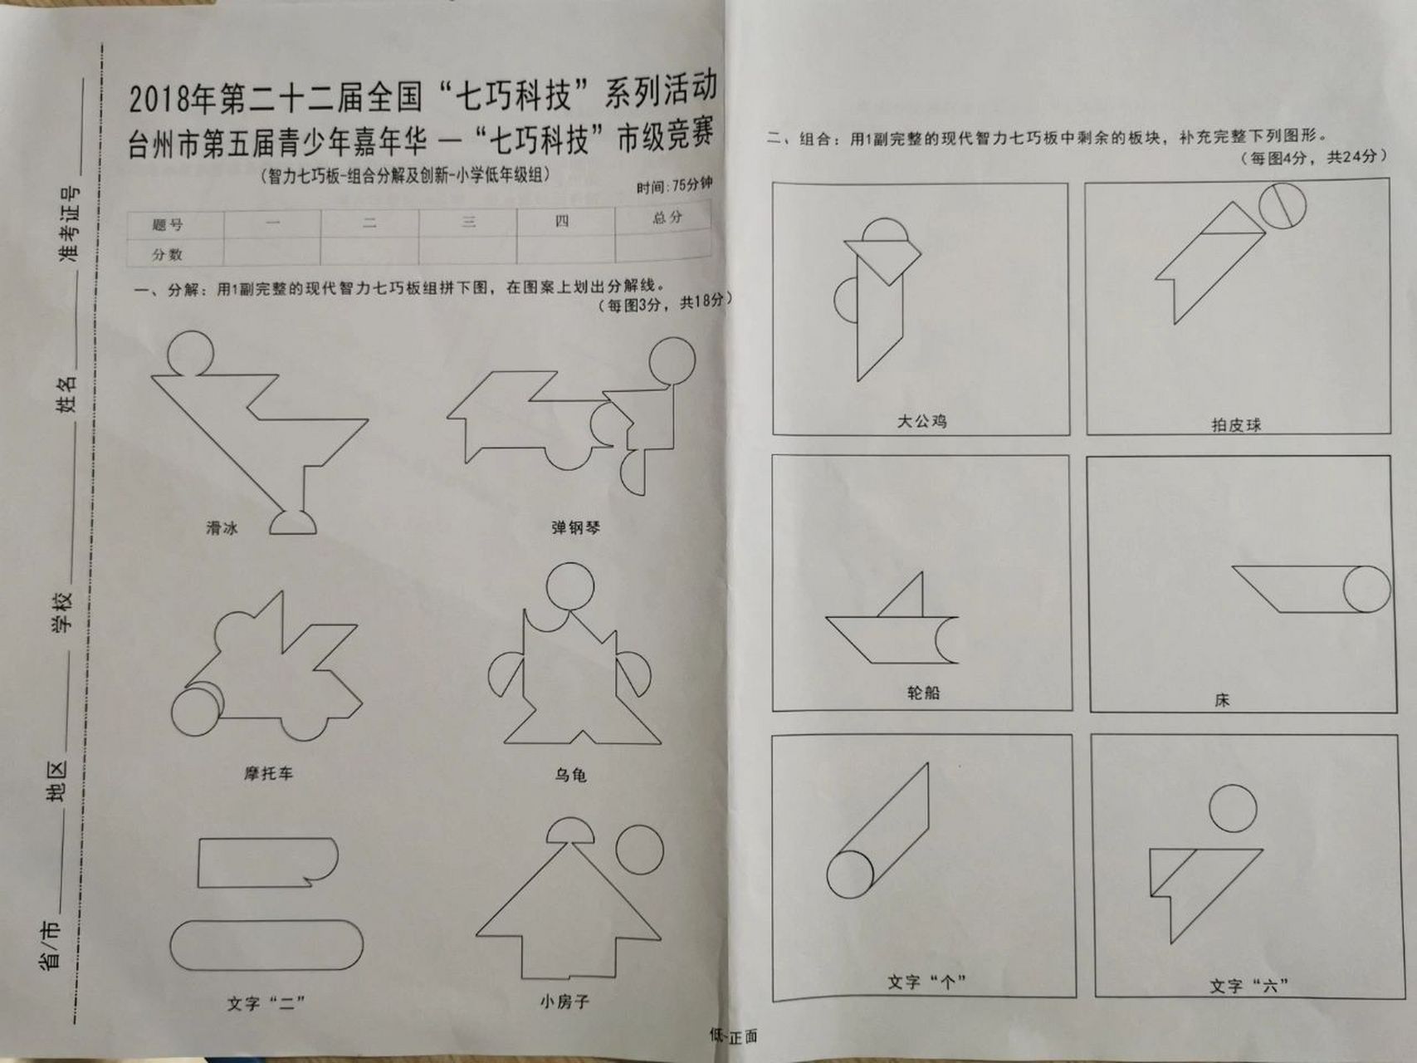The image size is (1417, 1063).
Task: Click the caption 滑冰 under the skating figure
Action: tap(222, 528)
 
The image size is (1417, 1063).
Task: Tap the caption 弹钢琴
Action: tap(575, 527)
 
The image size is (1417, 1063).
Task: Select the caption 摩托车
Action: tap(268, 773)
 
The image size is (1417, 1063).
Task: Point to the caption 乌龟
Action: tap(570, 775)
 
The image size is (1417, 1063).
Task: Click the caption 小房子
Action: tap(564, 1002)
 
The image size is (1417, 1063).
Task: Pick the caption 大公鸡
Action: tap(921, 421)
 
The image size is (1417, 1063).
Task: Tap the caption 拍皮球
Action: tap(1236, 425)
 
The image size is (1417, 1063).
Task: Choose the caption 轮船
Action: tap(923, 693)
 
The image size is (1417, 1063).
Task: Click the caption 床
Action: tap(1222, 700)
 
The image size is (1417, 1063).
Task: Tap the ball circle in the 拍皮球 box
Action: tap(1283, 205)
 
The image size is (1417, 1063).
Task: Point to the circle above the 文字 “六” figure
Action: tap(1233, 808)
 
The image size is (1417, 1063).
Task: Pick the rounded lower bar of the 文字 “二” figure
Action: tap(266, 944)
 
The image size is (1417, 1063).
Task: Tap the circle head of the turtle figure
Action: tap(570, 586)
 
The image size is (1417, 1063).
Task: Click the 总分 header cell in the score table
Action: tap(667, 218)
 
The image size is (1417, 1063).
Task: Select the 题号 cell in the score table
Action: tap(168, 225)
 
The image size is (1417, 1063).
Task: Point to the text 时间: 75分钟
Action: tap(674, 185)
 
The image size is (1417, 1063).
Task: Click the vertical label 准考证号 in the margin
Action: tap(70, 224)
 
